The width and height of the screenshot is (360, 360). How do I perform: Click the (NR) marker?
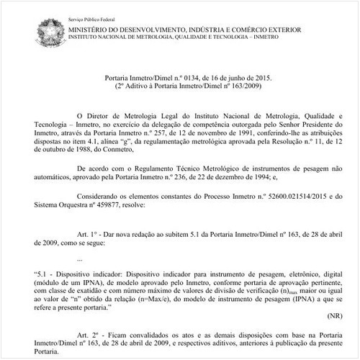(335, 315)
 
